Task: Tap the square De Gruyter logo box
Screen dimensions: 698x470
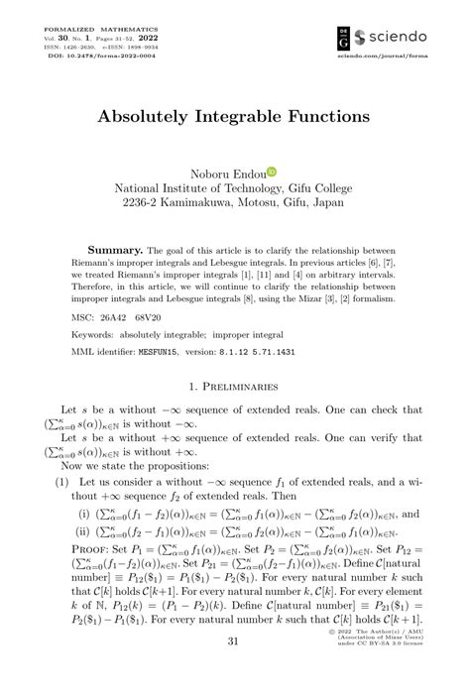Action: (344, 36)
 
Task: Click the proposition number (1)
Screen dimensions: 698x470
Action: (59, 482)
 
